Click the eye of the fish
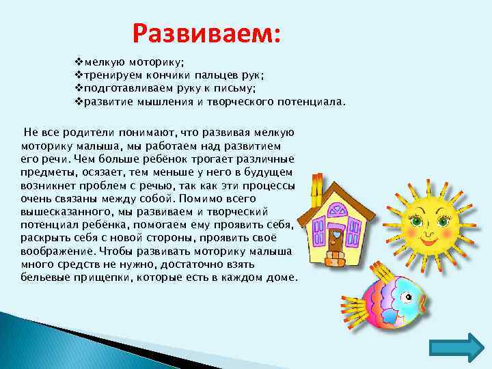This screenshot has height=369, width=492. click(409, 298)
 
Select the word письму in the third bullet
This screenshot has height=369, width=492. click(238, 89)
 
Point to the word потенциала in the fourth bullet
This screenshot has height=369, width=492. click(307, 102)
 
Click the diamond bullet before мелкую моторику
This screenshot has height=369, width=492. click(77, 63)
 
